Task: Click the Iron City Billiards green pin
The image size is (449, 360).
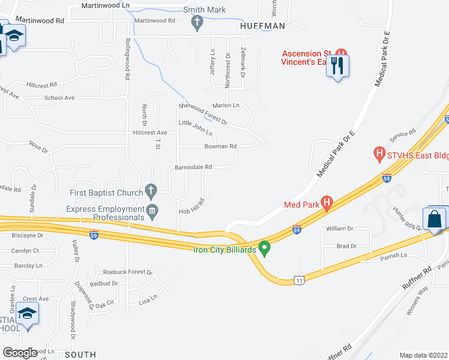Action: [264, 248]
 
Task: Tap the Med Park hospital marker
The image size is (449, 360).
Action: [327, 203]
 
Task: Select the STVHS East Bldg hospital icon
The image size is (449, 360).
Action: [379, 154]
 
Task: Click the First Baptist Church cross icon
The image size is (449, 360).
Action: [151, 192]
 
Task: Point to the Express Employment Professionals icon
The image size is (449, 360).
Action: [151, 210]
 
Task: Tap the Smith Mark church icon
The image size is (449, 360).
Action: [196, 23]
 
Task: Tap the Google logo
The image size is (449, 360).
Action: [20, 353]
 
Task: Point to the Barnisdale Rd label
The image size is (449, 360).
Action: [194, 167]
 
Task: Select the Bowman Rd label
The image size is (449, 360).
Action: [220, 146]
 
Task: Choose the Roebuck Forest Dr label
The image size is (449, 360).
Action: [128, 272]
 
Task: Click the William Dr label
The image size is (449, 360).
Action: [340, 229]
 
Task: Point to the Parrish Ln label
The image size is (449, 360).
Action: [393, 256]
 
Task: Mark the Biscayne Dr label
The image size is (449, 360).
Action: [27, 235]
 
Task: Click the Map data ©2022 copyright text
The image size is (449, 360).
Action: [423, 355]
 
